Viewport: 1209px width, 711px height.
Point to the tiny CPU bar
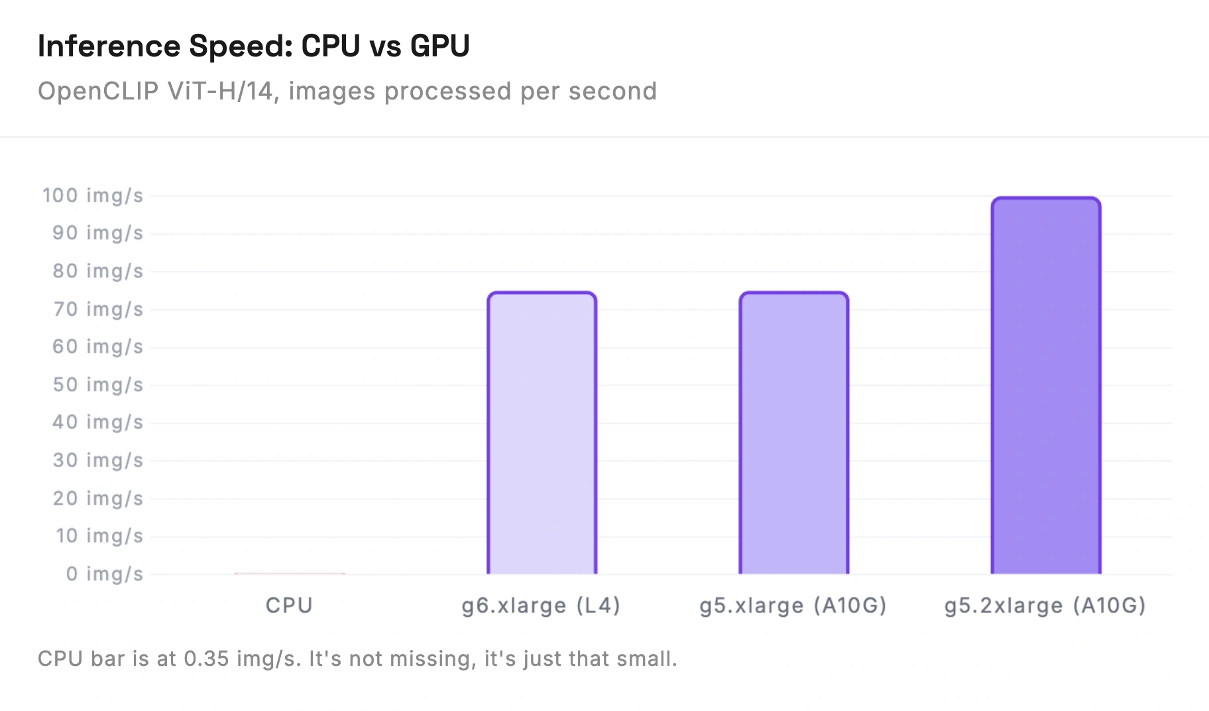290,573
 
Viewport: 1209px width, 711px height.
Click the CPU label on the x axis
289,605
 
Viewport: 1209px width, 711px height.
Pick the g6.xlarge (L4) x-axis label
541,606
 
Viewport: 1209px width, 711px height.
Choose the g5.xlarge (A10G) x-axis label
793,606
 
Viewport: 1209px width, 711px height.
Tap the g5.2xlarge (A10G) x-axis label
1045,606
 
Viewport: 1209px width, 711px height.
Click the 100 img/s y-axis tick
93,196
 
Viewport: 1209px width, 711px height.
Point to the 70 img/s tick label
98,309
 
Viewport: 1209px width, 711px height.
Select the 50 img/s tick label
98,385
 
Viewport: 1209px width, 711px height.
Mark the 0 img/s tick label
105,574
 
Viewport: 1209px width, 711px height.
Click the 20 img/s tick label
98,498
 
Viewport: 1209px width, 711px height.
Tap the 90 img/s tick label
98,233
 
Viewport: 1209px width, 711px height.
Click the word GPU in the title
439,46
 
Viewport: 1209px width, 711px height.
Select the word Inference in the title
109,46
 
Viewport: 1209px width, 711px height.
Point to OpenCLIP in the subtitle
98,92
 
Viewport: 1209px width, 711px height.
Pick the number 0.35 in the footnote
206,659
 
